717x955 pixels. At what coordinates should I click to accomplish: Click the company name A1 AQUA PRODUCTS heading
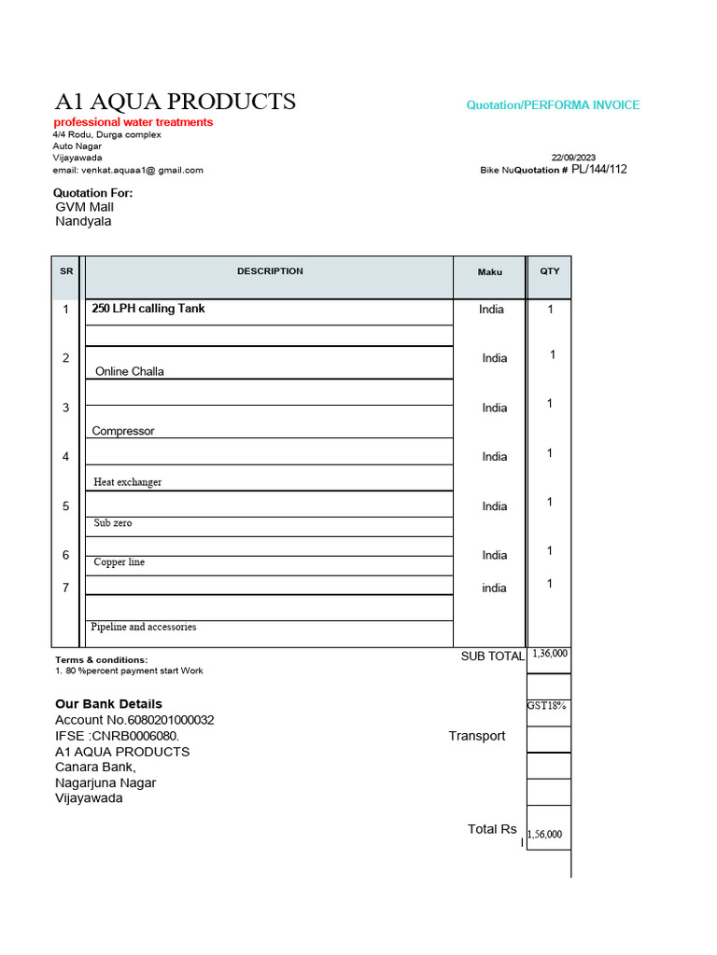point(175,102)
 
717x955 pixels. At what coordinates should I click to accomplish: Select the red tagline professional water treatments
point(133,122)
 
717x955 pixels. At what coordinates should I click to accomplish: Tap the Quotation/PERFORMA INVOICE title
point(553,105)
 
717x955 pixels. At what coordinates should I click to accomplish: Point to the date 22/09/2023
point(573,158)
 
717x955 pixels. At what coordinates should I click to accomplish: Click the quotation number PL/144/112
point(598,170)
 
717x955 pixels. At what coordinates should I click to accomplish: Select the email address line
point(128,170)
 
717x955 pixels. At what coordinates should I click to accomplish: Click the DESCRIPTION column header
point(270,271)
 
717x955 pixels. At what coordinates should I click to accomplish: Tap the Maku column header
point(490,272)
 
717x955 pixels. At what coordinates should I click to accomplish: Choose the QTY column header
point(550,271)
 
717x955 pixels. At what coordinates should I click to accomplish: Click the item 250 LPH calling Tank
point(148,309)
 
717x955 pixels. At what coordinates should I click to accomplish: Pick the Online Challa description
point(130,371)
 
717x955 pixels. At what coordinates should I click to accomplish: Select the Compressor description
point(123,431)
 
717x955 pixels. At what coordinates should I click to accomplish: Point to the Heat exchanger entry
point(128,482)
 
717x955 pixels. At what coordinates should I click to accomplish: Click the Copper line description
point(119,562)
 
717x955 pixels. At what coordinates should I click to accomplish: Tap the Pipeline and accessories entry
point(144,627)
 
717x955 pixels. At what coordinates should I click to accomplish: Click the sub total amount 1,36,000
point(549,655)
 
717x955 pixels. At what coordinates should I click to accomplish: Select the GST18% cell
point(547,706)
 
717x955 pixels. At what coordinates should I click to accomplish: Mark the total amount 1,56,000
point(545,835)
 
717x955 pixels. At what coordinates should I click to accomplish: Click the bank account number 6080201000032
point(161,720)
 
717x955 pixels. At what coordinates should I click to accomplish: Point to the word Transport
point(476,736)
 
